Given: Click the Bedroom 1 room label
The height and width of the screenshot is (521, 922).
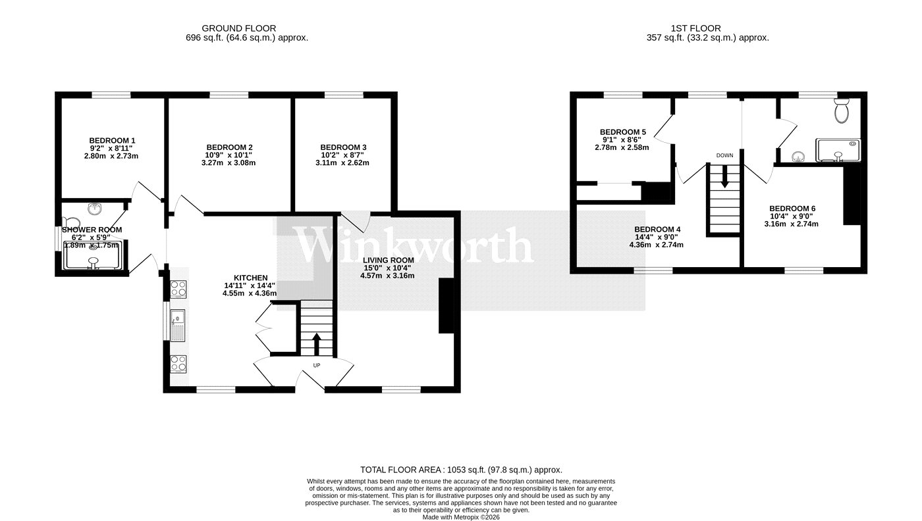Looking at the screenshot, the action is (112, 141).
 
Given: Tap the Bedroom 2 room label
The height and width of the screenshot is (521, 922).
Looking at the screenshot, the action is (229, 147).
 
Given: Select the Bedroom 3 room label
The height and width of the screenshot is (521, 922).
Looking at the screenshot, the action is (343, 147).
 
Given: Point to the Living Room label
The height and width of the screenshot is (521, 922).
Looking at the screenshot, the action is (388, 260).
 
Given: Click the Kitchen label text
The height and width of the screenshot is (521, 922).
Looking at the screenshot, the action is (251, 278).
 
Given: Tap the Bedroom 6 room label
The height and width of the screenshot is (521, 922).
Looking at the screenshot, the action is (792, 209).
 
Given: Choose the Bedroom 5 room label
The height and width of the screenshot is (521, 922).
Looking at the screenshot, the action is (623, 132).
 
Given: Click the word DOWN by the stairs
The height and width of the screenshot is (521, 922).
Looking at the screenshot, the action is (725, 155).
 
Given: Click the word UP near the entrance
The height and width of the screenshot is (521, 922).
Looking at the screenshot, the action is (317, 365).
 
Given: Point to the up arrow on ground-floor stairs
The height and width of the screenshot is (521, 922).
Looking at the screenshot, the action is (317, 344).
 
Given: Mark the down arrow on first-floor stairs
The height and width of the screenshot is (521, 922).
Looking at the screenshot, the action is (724, 176).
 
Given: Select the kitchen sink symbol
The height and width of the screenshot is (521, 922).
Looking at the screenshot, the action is (178, 325).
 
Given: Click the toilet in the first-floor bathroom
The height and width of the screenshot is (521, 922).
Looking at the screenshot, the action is (842, 111).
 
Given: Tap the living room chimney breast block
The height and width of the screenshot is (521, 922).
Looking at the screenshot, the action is (447, 305).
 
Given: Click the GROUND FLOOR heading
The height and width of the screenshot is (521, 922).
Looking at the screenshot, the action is (238, 28).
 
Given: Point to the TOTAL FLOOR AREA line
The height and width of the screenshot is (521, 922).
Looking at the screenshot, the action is (461, 470).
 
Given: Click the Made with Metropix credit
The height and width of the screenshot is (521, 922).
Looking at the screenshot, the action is (461, 517).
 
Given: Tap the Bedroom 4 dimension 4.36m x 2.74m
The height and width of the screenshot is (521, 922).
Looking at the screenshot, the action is (656, 245).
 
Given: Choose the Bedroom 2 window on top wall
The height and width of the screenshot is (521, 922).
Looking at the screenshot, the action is (229, 95).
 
